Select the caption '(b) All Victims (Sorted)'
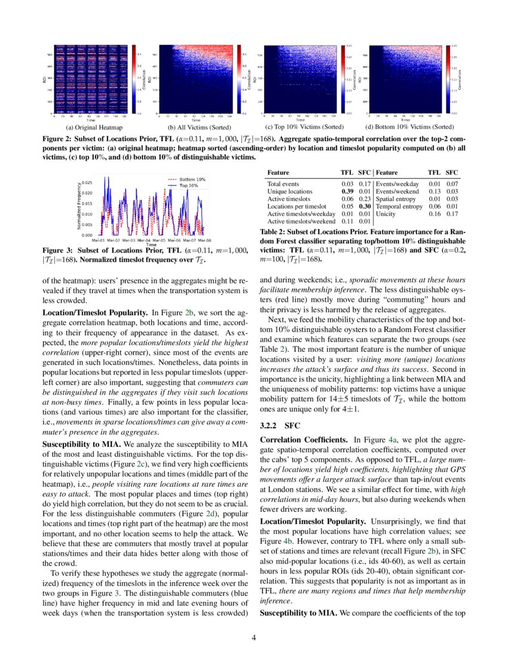(x=194, y=127)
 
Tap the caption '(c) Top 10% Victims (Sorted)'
(x=304, y=127)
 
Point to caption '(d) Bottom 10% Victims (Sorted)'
(x=409, y=127)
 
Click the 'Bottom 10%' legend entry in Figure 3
(x=192, y=179)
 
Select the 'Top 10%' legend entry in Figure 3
(x=189, y=185)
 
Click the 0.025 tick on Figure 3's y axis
(x=86, y=182)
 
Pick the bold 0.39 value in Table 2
(x=347, y=191)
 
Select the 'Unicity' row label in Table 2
(x=385, y=214)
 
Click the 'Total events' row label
(x=283, y=184)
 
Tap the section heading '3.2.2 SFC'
(x=275, y=427)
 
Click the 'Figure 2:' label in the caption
(x=57, y=138)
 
